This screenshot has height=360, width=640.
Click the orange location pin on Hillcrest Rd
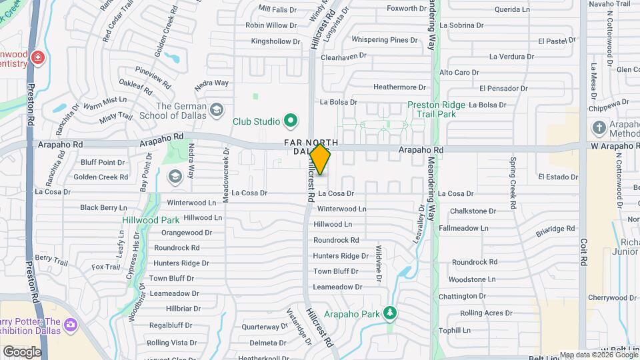click(320, 159)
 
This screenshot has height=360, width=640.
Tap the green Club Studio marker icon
click(290, 121)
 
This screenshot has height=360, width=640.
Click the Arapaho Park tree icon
click(390, 313)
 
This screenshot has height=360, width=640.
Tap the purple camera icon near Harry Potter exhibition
click(71, 325)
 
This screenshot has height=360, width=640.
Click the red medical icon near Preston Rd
click(39, 58)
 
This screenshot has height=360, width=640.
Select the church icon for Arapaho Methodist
click(599, 127)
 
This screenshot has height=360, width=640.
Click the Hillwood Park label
click(150, 220)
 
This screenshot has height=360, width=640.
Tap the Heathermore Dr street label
click(399, 87)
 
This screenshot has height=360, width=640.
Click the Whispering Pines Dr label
click(385, 40)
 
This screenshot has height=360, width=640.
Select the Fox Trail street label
click(106, 267)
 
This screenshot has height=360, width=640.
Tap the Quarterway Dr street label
click(265, 327)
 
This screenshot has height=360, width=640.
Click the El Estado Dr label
click(557, 177)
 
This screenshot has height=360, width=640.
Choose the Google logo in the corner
click(22, 351)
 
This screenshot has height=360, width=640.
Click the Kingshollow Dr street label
click(271, 41)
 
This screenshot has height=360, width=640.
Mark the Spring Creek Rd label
click(513, 183)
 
